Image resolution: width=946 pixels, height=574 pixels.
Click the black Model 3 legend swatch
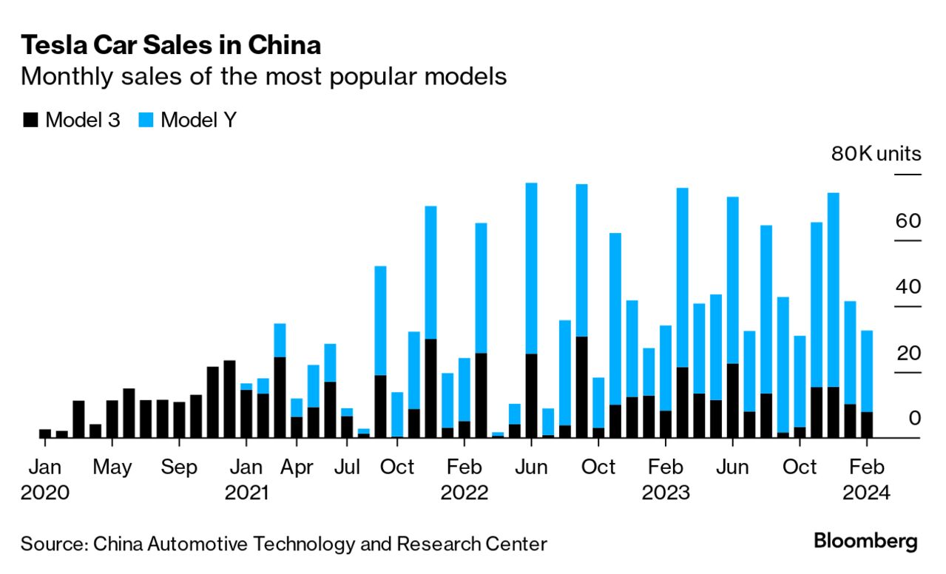(x=30, y=120)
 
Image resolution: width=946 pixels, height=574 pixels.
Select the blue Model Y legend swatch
(x=146, y=120)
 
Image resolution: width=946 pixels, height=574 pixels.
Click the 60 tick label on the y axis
(x=909, y=221)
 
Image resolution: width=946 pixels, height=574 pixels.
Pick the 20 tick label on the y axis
(x=909, y=353)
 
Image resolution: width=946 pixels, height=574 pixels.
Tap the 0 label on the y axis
(x=915, y=418)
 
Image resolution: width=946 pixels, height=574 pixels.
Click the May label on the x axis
(x=112, y=467)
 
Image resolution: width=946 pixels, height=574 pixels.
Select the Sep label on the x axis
(x=180, y=467)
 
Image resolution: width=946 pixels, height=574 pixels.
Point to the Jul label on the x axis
(x=347, y=467)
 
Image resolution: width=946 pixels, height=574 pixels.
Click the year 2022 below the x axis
(x=464, y=493)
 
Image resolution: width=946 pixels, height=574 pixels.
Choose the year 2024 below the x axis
(x=867, y=493)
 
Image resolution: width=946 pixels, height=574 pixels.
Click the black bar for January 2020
(x=45, y=433)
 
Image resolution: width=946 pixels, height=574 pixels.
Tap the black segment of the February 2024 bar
(x=867, y=425)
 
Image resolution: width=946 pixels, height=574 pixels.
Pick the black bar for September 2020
(x=180, y=420)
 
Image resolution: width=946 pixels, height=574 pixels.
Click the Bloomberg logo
(x=865, y=541)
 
